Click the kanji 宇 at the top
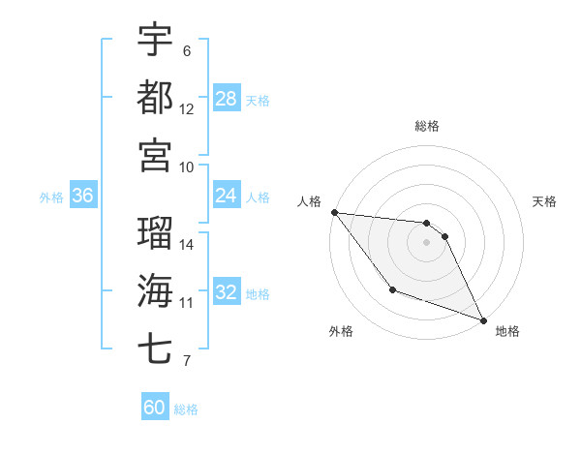tap(155, 40)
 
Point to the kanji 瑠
tap(155, 233)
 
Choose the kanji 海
tap(155, 290)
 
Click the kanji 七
tap(155, 348)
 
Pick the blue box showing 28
tap(227, 98)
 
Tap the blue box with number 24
tap(227, 197)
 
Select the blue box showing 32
tap(227, 292)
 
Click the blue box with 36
tap(82, 196)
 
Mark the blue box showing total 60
tap(155, 408)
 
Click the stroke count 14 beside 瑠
tap(187, 245)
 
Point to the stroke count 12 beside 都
tap(187, 108)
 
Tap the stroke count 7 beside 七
tap(187, 362)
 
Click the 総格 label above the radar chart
tap(427, 127)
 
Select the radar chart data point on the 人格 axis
tap(334, 212)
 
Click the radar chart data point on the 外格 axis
tap(392, 289)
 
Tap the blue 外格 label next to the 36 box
tap(51, 197)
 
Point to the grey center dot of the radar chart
tap(427, 242)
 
